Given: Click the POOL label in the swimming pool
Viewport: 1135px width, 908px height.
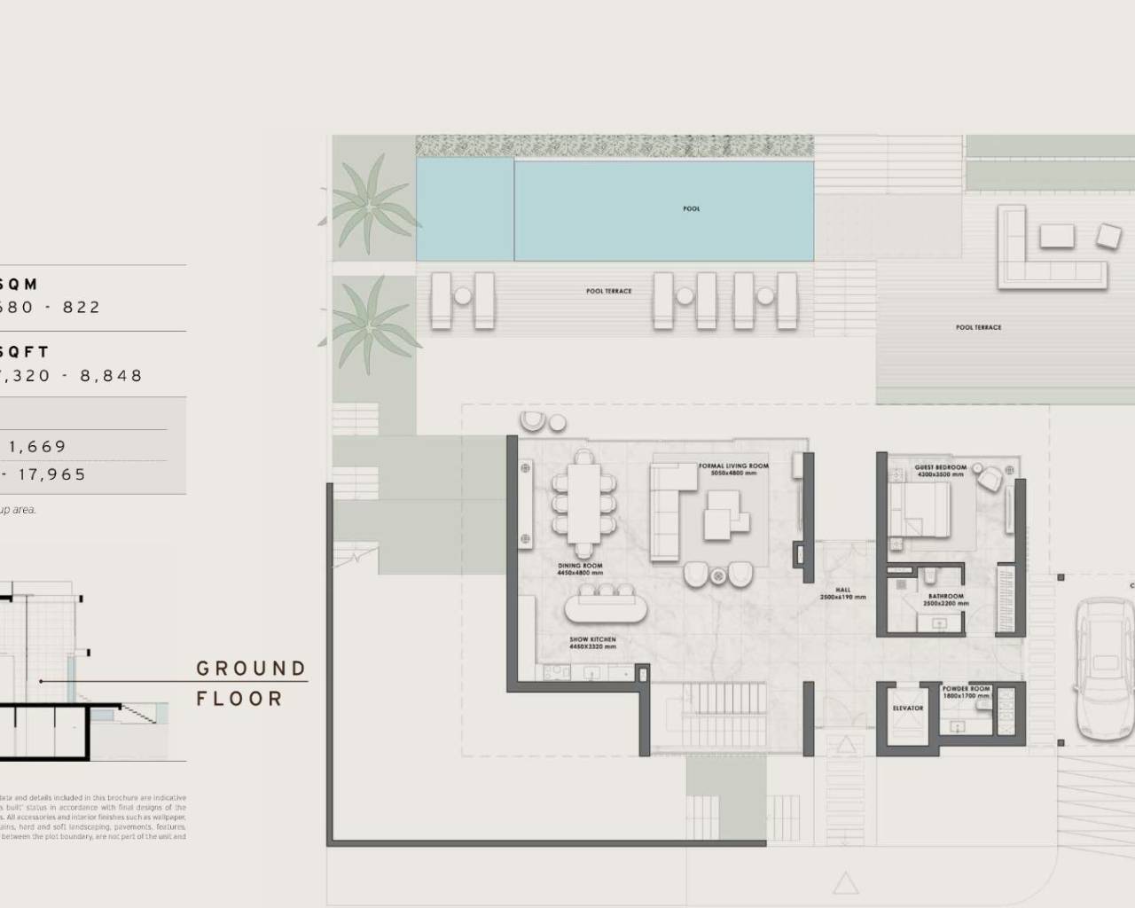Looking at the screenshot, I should click(x=692, y=209).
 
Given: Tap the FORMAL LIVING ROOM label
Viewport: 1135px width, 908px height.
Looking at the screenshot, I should click(x=733, y=466).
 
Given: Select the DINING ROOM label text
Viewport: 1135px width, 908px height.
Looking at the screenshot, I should click(x=581, y=566).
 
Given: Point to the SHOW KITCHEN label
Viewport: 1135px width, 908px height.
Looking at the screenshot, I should click(x=592, y=639).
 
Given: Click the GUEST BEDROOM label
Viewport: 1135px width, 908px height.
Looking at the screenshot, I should click(x=940, y=467).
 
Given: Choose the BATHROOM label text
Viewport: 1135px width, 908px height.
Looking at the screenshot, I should click(x=946, y=597).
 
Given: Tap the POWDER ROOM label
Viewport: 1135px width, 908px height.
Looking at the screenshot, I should click(x=967, y=689).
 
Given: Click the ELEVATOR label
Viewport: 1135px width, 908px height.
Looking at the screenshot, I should click(x=908, y=708).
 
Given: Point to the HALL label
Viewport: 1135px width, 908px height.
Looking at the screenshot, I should click(x=842, y=591).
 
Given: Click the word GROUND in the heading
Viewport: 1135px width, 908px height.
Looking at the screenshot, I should click(x=251, y=669).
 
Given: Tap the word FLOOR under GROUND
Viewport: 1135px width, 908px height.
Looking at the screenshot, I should click(x=239, y=699).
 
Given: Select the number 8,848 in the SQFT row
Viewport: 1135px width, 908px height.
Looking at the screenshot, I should click(x=111, y=376).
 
